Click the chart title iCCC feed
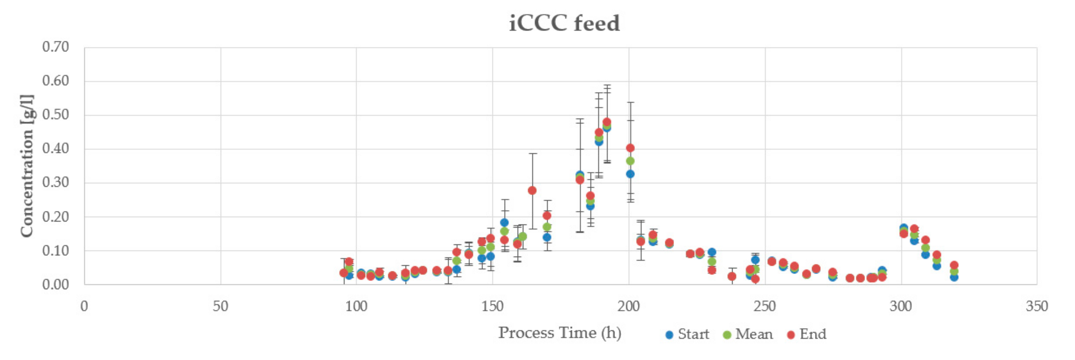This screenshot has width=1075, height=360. (x=564, y=23)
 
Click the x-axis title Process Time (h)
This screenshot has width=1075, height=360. (x=559, y=333)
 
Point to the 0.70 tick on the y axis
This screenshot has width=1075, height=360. (x=56, y=47)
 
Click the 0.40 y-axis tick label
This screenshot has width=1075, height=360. (x=56, y=149)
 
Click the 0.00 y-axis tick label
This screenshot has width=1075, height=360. (x=56, y=285)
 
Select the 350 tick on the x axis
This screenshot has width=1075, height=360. (x=1036, y=307)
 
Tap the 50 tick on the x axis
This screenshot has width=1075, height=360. (x=220, y=307)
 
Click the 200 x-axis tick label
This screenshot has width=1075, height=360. (x=629, y=307)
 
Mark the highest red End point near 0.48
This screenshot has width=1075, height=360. (x=607, y=122)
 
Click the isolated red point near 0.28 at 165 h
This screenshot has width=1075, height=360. (x=532, y=190)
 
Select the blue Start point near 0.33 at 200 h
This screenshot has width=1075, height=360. (x=630, y=174)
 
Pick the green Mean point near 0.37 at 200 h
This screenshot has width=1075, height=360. (x=630, y=161)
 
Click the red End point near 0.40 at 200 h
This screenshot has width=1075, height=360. (x=630, y=148)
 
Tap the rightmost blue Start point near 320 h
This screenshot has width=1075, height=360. (x=954, y=277)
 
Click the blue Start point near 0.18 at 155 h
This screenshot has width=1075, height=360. (x=504, y=222)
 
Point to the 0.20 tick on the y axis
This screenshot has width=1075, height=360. (x=56, y=217)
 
